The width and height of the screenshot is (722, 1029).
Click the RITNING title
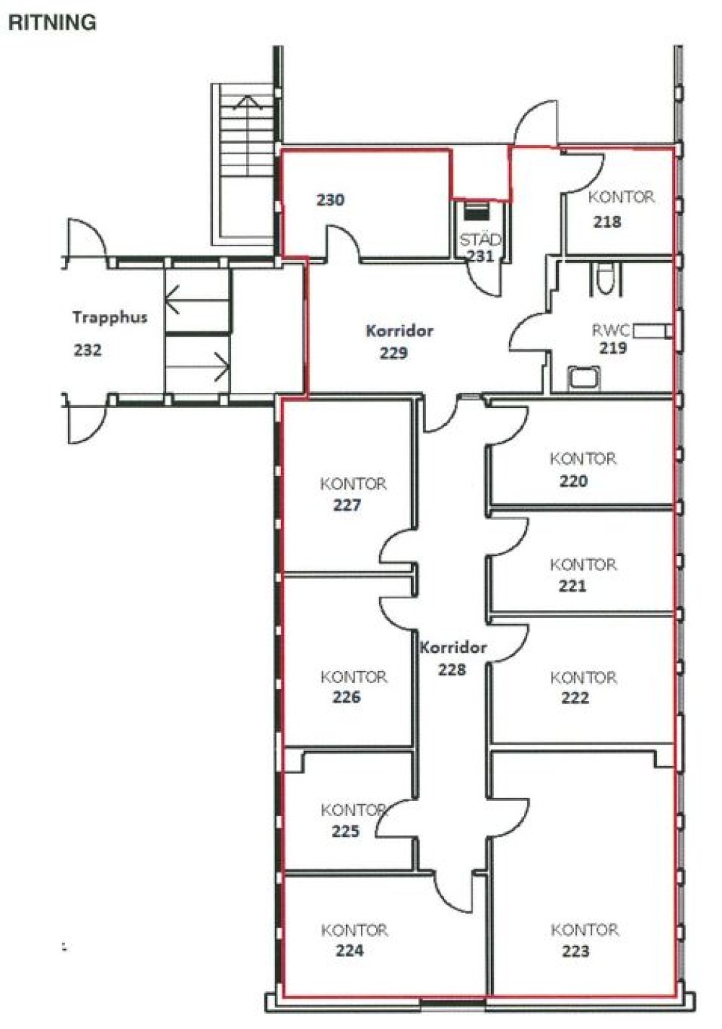(x=53, y=22)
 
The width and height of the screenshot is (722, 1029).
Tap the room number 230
(x=330, y=200)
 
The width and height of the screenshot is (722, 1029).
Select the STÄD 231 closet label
(x=480, y=248)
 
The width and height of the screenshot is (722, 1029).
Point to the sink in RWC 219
(x=584, y=378)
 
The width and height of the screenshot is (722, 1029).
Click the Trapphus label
(x=110, y=318)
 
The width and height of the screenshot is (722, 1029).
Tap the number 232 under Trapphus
(x=87, y=350)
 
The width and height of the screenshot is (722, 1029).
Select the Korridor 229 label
(x=399, y=342)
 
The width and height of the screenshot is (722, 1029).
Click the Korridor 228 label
(x=453, y=658)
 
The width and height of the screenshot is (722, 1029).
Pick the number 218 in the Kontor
(x=607, y=222)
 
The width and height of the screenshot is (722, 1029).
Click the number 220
(x=573, y=481)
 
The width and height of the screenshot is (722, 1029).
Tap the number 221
(x=573, y=586)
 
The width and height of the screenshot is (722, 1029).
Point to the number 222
(x=575, y=698)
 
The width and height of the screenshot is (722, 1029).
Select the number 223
(x=575, y=950)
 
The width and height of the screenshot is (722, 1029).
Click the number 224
(x=349, y=950)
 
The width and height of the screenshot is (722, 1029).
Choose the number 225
(x=345, y=830)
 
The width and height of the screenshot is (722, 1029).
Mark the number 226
(x=347, y=697)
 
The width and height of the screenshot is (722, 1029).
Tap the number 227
(x=347, y=505)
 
